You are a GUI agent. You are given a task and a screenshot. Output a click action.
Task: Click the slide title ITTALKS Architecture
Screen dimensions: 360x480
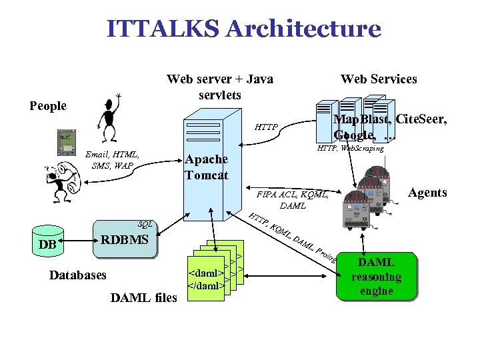[x=243, y=29]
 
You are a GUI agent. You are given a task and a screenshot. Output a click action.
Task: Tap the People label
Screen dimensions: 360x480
[x=49, y=106]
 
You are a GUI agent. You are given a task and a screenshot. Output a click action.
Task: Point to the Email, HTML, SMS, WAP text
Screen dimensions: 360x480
[x=112, y=160]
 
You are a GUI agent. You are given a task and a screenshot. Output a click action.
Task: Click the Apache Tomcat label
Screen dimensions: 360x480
[x=206, y=167]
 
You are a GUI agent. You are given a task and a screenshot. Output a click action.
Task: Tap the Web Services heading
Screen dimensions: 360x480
[x=379, y=79]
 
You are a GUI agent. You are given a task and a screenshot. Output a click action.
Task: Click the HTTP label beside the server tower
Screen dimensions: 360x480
[x=267, y=127]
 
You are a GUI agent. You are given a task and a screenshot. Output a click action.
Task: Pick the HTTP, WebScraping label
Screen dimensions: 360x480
[x=350, y=148]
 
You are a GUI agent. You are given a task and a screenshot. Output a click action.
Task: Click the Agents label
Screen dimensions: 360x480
[x=427, y=193]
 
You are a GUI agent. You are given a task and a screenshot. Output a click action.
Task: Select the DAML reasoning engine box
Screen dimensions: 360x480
[x=376, y=276]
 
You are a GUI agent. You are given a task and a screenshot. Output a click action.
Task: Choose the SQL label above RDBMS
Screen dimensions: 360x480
[x=144, y=225]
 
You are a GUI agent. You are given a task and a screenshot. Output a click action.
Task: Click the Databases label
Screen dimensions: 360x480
[x=78, y=275]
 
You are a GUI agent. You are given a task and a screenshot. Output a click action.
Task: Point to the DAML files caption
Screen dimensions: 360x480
[x=144, y=297]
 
